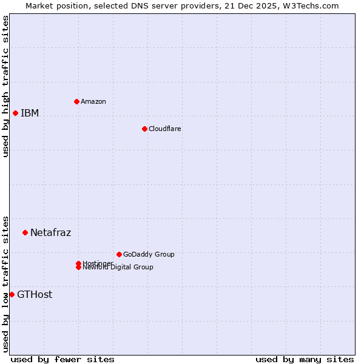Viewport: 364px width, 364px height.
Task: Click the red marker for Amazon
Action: click(76, 101)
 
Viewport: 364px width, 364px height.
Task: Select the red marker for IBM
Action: click(15, 113)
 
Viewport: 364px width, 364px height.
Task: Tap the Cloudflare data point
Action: click(144, 129)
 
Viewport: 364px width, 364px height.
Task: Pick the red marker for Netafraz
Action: click(25, 232)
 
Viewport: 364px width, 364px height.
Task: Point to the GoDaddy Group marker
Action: click(119, 254)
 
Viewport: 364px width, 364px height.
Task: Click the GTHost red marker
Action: click(12, 294)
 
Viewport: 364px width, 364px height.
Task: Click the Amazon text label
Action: click(93, 101)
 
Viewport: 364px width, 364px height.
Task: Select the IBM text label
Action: click(30, 113)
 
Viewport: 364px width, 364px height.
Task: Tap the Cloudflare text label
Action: click(165, 129)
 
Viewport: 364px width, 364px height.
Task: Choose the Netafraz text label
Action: click(51, 232)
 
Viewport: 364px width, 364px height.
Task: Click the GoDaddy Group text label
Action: click(149, 254)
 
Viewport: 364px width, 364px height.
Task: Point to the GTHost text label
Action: click(35, 295)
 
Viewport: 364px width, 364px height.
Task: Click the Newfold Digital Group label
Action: click(118, 268)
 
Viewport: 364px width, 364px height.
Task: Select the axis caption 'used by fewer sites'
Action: click(62, 359)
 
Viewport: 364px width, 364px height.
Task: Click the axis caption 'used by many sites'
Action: click(305, 359)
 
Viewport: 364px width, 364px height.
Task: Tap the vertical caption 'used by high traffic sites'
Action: click(5, 86)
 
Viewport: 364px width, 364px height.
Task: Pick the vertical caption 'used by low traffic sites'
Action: click(5, 284)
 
